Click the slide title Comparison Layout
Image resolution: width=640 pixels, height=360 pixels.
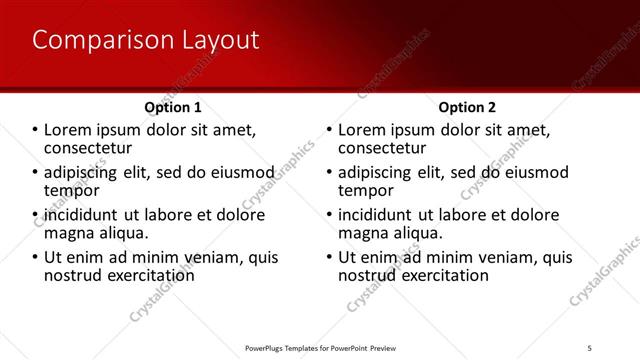(x=146, y=40)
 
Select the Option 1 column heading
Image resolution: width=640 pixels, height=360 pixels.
(x=173, y=107)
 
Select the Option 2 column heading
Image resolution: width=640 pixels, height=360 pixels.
(x=466, y=107)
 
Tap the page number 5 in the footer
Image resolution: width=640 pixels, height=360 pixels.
(x=590, y=347)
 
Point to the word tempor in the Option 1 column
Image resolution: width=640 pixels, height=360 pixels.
(x=72, y=190)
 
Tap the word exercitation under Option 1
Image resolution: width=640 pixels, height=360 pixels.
(x=150, y=275)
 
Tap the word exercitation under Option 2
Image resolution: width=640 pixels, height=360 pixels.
(x=444, y=275)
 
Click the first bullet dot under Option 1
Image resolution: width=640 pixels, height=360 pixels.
(x=36, y=131)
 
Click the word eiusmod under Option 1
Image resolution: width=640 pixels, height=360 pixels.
(x=239, y=173)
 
